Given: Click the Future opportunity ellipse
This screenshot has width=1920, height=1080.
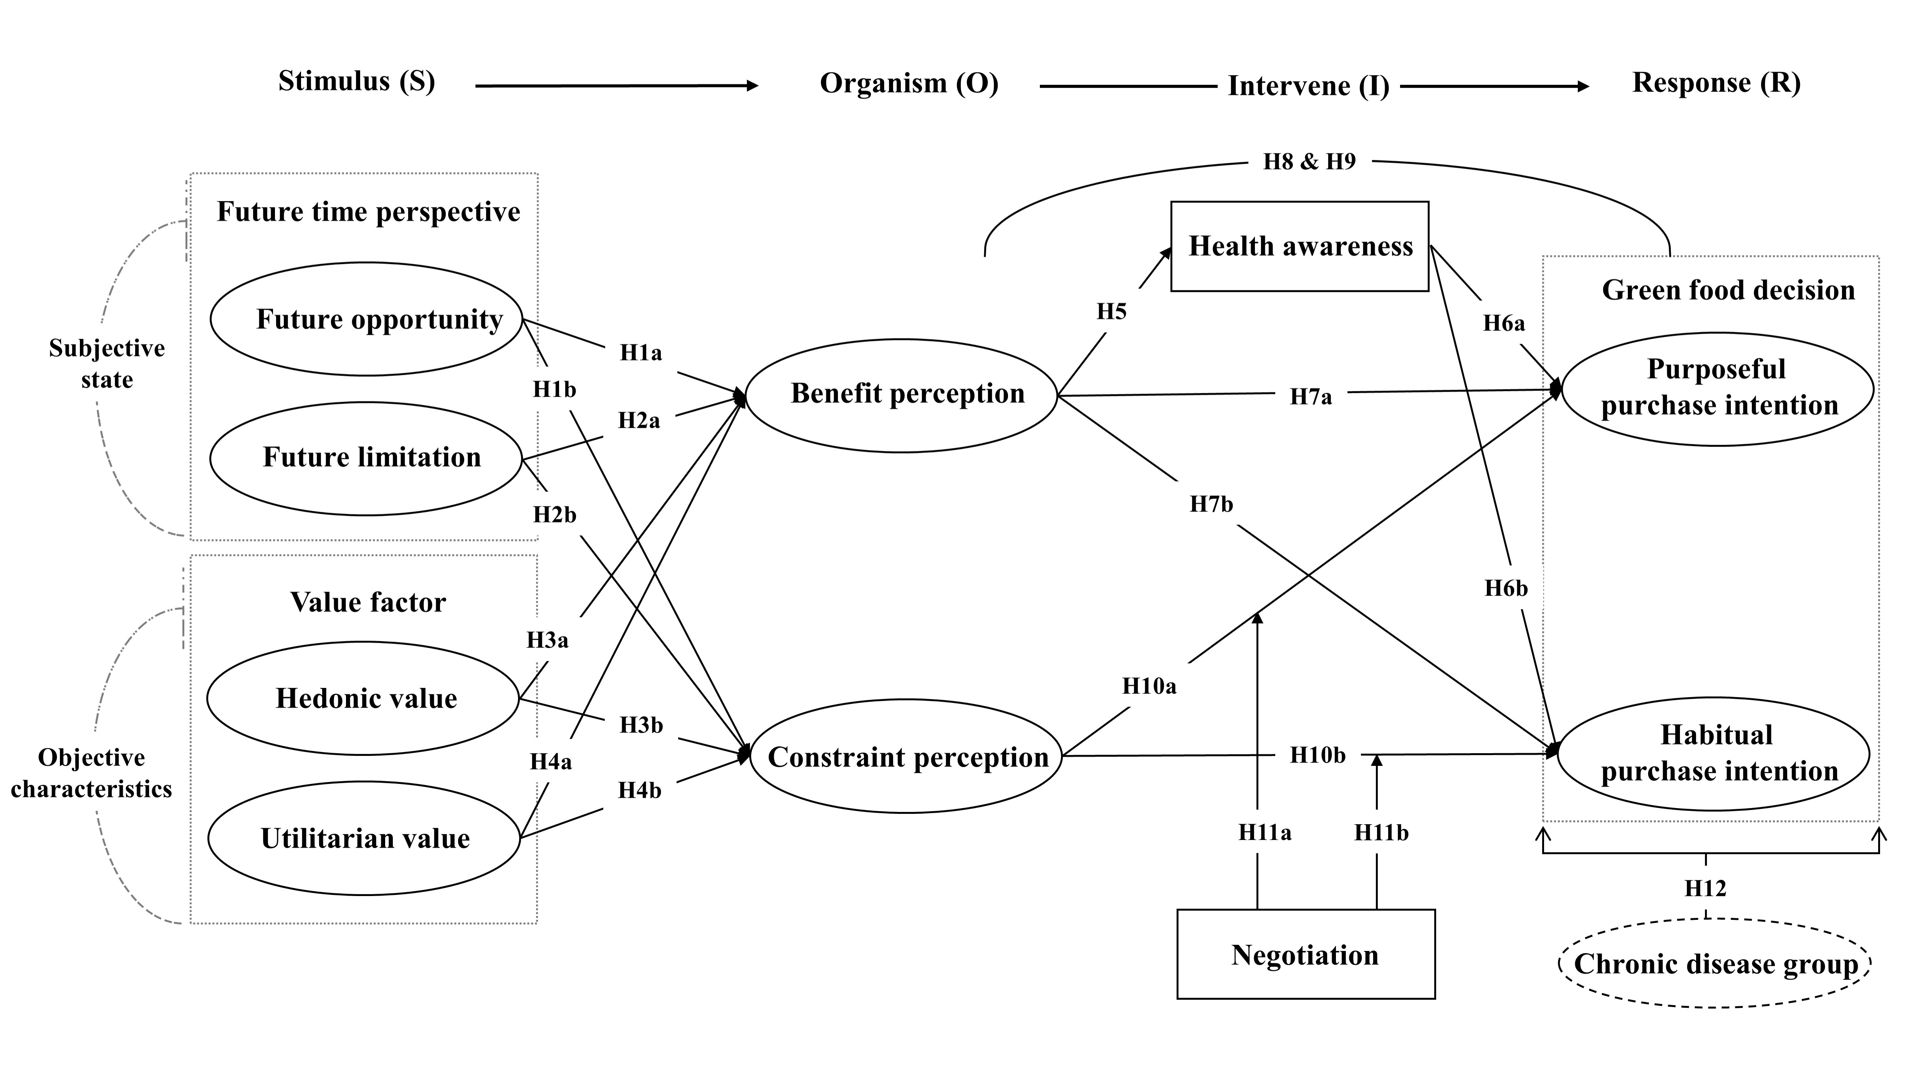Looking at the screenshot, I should (366, 319).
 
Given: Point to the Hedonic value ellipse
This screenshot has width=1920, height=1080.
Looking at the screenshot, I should (363, 698).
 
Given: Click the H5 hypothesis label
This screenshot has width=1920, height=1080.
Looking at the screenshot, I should (1111, 311).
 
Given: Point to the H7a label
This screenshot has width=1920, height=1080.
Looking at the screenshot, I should (1310, 396).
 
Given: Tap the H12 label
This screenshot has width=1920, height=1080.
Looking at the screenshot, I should (1705, 888).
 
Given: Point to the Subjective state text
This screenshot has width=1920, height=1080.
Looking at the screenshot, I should (107, 363).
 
